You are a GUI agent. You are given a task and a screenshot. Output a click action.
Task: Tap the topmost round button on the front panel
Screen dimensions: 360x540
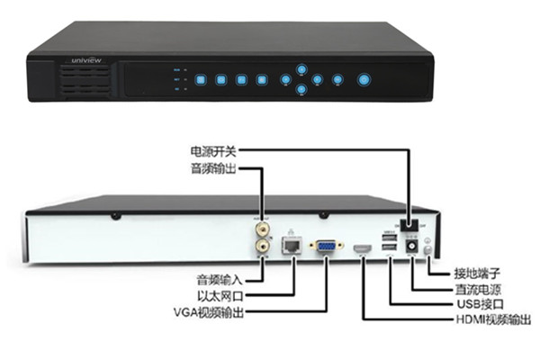[302, 68]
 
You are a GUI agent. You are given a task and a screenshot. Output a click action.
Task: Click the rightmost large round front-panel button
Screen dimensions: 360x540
[364, 79]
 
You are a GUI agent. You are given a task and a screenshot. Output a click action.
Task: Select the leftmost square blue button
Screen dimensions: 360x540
[200, 79]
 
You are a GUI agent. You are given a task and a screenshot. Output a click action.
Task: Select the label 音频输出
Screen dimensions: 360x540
[212, 167]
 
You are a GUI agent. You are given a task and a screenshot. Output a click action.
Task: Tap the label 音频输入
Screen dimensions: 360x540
[220, 277]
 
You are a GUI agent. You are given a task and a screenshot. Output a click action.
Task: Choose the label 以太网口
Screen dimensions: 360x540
[220, 294]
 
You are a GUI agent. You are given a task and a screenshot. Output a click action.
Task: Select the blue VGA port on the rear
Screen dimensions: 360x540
[325, 244]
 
